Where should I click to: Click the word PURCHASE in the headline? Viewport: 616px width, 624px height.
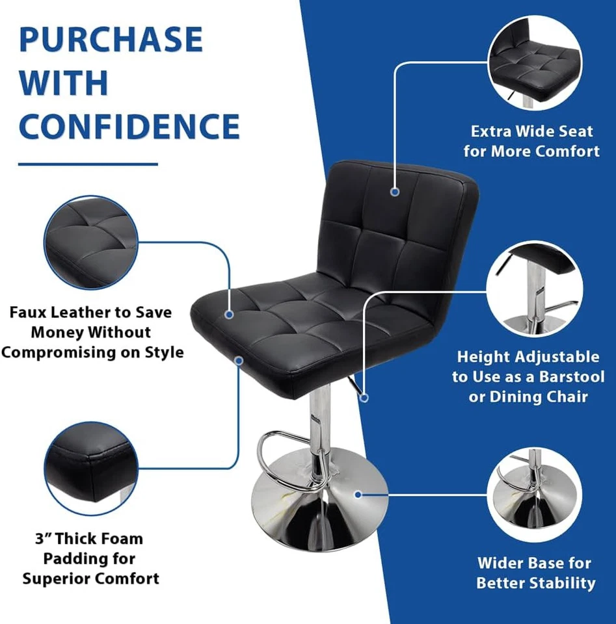point(111,40)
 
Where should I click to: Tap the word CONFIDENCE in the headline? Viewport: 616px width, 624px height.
point(129,126)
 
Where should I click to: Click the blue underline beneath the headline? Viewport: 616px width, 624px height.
point(88,164)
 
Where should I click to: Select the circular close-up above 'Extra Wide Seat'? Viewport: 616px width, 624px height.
point(534,64)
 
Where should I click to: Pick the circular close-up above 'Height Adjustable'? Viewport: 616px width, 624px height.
point(534,288)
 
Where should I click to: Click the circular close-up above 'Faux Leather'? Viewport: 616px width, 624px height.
point(91,242)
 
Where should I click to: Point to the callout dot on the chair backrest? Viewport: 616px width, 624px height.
point(394,192)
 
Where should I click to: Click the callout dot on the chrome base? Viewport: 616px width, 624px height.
point(358,495)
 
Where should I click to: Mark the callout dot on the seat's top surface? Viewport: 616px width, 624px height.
point(229,314)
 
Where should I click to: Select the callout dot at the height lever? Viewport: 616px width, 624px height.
point(364,396)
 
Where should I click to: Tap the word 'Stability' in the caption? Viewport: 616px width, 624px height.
point(562,583)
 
